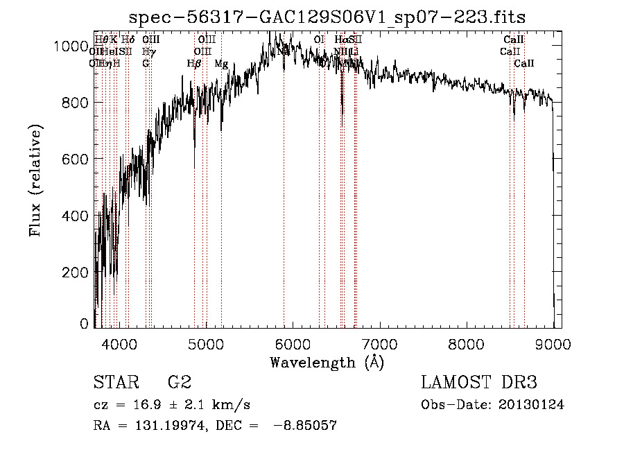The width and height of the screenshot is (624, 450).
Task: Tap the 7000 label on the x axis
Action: click(379, 343)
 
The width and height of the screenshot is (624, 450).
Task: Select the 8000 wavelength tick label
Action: click(466, 343)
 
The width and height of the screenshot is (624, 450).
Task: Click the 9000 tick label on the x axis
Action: click(553, 343)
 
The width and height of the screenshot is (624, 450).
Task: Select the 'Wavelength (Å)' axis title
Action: click(327, 362)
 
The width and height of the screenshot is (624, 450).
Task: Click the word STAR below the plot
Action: click(113, 382)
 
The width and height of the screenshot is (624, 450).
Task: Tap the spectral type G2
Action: click(179, 382)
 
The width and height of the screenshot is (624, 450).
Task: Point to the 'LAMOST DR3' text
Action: click(478, 382)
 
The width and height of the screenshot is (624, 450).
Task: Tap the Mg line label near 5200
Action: click(221, 64)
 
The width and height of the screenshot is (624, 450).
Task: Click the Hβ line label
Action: click(194, 64)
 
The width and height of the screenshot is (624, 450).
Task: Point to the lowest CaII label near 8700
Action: click(524, 64)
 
